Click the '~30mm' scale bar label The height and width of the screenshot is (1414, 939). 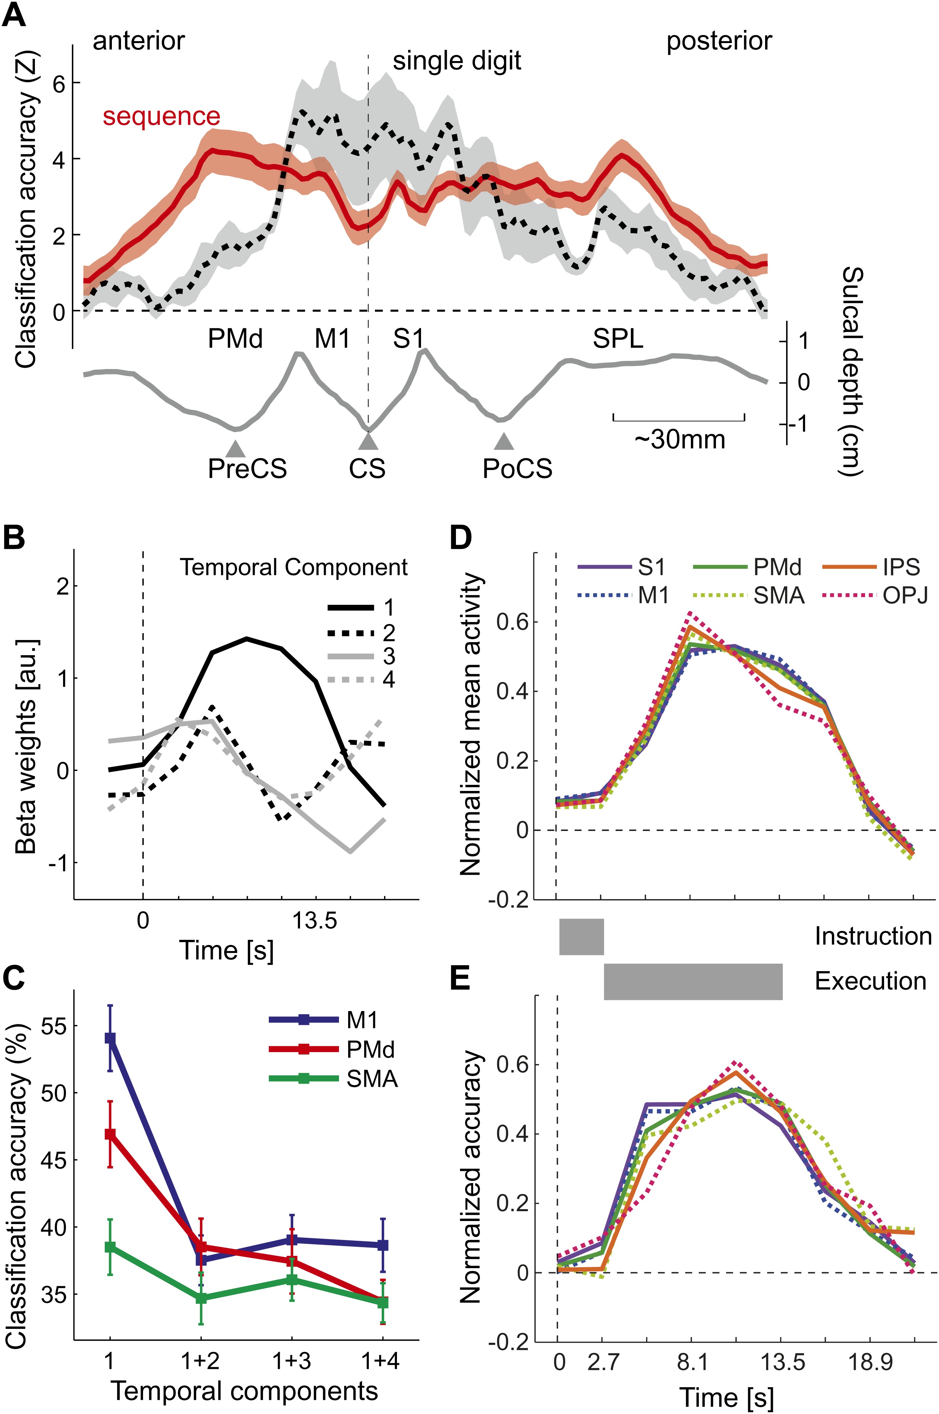(680, 440)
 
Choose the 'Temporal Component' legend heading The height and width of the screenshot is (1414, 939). (294, 567)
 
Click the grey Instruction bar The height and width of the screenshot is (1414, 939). (581, 936)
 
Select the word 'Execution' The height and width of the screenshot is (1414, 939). (870, 981)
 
